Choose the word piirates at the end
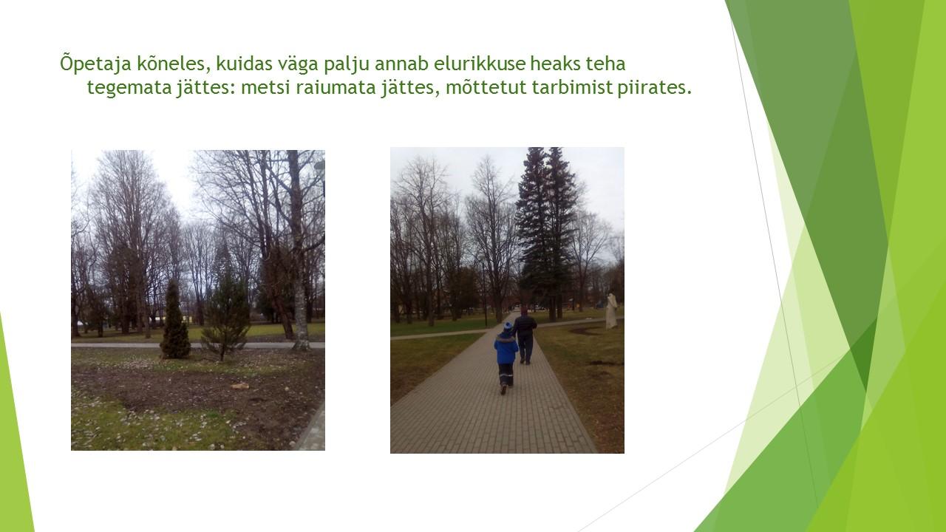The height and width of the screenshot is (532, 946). [x=654, y=88]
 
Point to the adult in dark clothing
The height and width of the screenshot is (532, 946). [x=524, y=335]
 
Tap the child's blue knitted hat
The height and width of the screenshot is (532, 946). [x=508, y=327]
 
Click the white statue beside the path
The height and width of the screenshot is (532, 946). [x=611, y=311]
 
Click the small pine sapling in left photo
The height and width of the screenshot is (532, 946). [x=226, y=317]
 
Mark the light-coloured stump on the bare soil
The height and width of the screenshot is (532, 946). [x=239, y=386]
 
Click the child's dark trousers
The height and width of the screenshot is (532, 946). [x=506, y=375]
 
